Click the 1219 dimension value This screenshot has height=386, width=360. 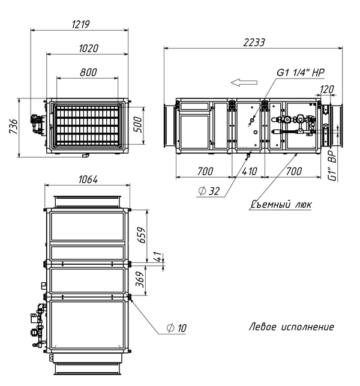pos(81,25)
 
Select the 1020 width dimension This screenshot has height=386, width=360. pos(89,48)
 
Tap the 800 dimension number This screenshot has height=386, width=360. pos(88,72)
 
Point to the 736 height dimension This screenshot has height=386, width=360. pos(13,127)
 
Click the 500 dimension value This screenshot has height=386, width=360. pos(139,125)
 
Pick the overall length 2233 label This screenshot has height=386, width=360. pos(254,43)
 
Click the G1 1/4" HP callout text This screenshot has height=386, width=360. pos(301,73)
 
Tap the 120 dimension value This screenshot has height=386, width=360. pos(327,89)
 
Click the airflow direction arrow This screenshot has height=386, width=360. pos(244,82)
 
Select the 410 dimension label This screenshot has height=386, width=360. pos(249,171)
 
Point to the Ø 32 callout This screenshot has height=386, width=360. pos(209,191)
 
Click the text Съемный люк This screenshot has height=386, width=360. pos(281,204)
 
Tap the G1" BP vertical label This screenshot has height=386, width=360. pos(333,166)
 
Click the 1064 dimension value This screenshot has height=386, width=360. pos(88,179)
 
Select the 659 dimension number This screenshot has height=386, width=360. pos(142,235)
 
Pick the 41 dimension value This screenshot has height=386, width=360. pos(159,257)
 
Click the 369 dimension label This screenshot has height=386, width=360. pos(140,279)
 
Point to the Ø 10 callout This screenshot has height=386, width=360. pos(176,328)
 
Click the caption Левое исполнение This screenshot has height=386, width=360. pos(292,327)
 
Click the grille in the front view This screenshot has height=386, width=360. pos(87,125)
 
